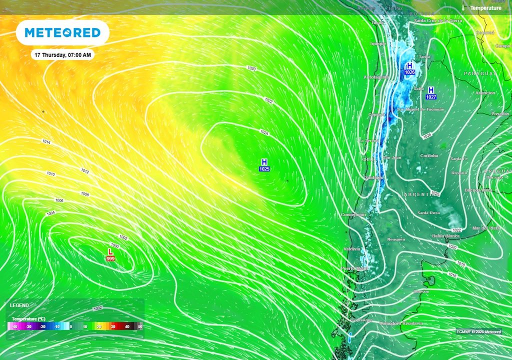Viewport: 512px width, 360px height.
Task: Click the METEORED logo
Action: click(62, 33)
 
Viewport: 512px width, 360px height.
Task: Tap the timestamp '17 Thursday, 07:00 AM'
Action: click(62, 55)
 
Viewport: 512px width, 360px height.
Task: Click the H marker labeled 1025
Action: click(264, 165)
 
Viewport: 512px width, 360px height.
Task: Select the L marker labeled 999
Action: click(110, 254)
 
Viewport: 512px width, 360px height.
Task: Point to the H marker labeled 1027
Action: click(431, 93)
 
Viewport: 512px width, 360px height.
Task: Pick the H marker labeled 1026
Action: click(409, 68)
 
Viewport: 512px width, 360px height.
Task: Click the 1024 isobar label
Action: click(264, 132)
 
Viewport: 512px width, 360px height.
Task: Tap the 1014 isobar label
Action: click(46, 142)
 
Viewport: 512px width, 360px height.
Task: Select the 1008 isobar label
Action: click(84, 193)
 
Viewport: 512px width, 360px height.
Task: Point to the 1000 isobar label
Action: click(115, 245)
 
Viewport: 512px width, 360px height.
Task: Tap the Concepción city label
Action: click(353, 214)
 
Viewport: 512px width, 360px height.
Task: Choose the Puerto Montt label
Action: click(354, 268)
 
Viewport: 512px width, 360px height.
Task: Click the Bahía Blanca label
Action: click(445, 235)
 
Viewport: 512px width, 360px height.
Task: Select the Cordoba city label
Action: click(429, 155)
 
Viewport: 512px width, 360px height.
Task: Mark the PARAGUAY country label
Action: click(480, 73)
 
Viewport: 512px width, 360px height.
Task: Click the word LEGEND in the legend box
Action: click(19, 305)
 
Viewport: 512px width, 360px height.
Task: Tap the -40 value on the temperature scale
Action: click(16, 326)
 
